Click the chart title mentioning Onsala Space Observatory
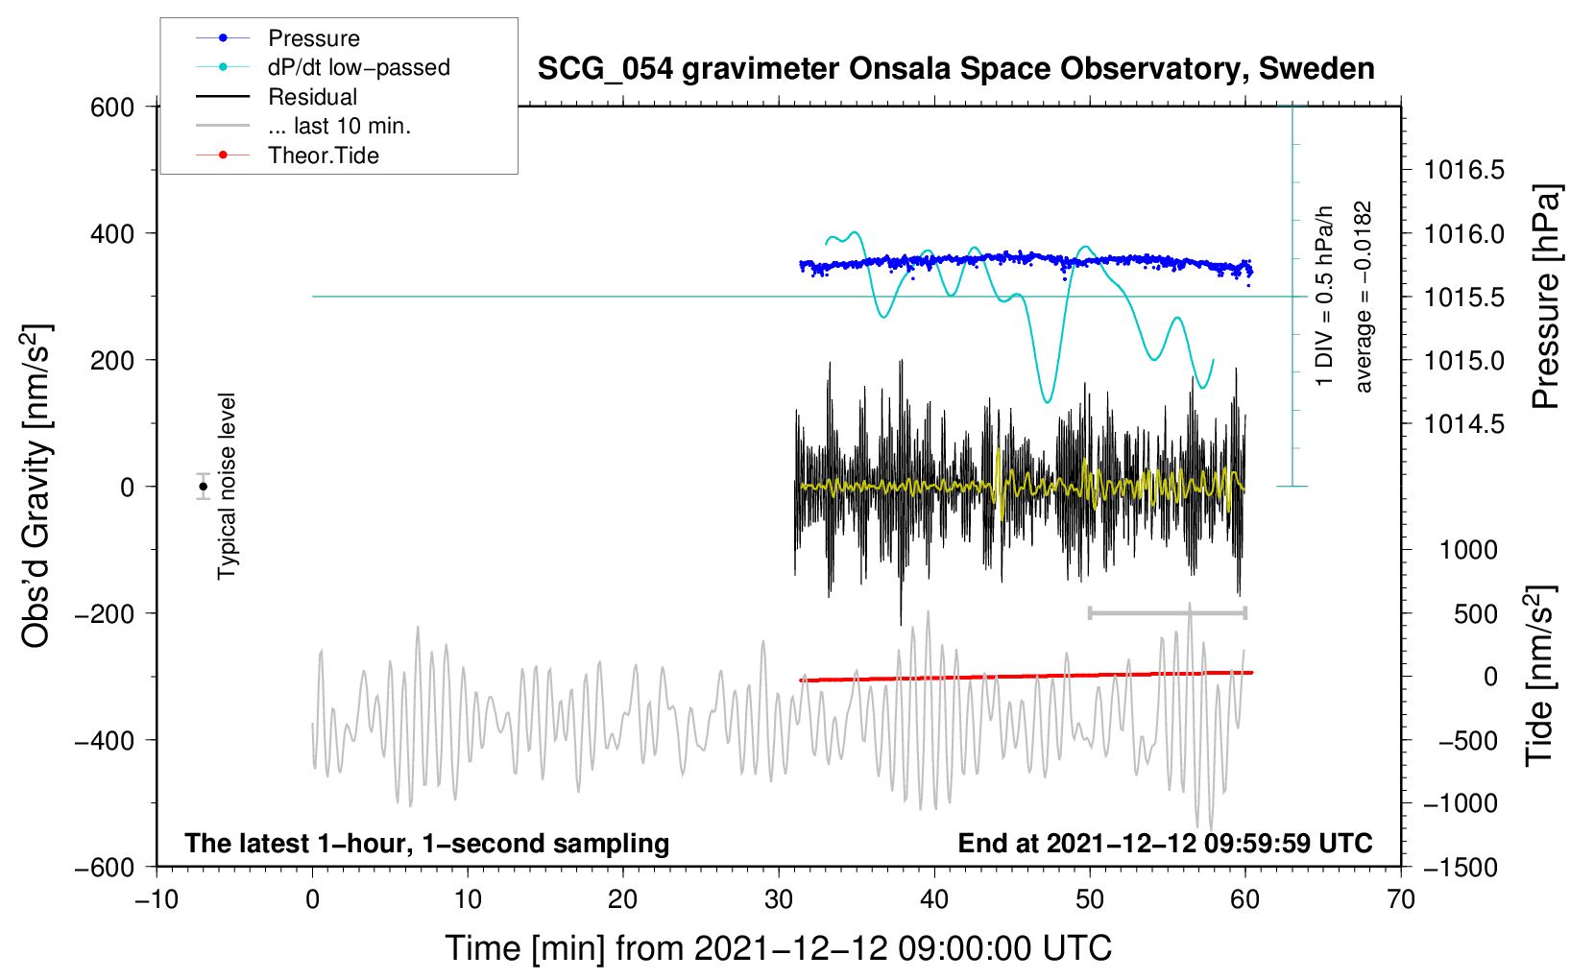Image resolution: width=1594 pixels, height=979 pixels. click(955, 69)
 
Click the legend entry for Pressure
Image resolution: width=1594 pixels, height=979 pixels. click(278, 37)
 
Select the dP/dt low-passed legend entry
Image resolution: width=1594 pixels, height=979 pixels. click(323, 67)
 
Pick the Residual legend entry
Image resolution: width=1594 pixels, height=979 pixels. click(277, 97)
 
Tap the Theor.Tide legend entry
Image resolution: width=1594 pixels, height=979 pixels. click(287, 155)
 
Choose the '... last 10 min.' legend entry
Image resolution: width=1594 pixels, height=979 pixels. click(303, 126)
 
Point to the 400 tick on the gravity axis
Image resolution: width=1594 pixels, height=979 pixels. click(112, 233)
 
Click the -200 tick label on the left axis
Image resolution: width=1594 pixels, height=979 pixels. click(105, 613)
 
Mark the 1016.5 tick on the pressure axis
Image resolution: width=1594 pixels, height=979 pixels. click(1463, 170)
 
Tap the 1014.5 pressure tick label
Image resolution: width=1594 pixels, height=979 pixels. click(1463, 424)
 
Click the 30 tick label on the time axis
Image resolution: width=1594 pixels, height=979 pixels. click(779, 899)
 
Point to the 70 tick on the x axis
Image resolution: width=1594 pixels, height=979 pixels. click(1400, 899)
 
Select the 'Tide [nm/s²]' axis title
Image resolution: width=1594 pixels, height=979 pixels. click(1540, 676)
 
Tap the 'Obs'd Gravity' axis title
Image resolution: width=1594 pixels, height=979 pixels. click(36, 486)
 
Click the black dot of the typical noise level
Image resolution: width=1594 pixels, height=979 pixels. click(203, 487)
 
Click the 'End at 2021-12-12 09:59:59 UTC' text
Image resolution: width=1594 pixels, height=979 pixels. click(1165, 843)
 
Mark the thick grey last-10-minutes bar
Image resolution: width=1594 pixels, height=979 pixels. click(1167, 613)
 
